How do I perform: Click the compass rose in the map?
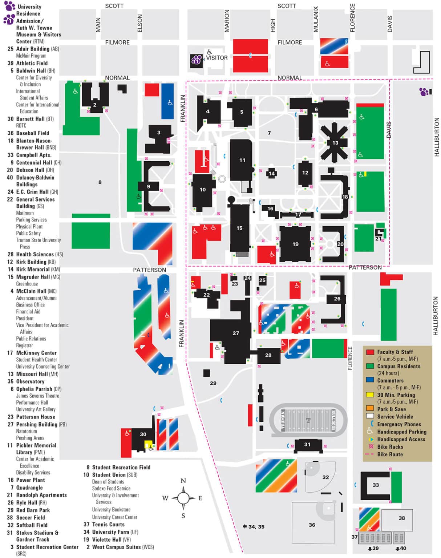(183, 498)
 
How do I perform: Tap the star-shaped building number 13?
(335, 143)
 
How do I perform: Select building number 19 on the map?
(295, 244)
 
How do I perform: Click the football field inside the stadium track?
(308, 420)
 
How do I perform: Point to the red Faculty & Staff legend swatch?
(370, 352)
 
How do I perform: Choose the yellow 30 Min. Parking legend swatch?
(370, 395)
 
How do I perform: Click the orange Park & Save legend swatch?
(370, 409)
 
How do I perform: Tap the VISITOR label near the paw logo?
(217, 58)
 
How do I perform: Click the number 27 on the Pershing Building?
(236, 333)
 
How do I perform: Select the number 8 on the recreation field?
(100, 182)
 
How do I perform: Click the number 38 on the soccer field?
(401, 518)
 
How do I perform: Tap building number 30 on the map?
(143, 434)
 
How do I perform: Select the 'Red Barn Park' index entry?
(33, 510)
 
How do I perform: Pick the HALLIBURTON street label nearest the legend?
(436, 316)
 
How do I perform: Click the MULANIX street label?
(316, 19)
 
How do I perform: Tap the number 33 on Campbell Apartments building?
(376, 485)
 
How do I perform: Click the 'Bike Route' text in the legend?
(390, 454)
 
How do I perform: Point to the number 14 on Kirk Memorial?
(271, 174)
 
